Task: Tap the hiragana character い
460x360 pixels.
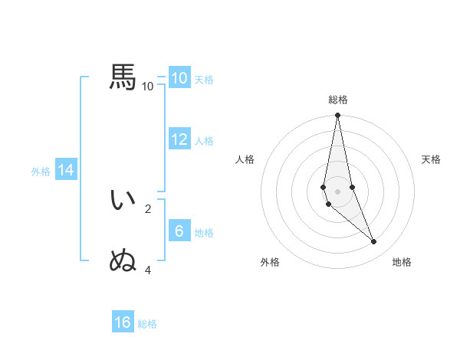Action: click(123, 200)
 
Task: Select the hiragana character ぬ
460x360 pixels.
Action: click(123, 261)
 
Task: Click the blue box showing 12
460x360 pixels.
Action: click(179, 139)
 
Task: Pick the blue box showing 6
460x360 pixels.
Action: click(179, 231)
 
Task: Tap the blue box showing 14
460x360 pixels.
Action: click(66, 171)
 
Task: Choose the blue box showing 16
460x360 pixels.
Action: click(123, 322)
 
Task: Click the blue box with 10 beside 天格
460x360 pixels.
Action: click(179, 78)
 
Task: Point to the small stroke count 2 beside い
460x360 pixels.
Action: click(148, 208)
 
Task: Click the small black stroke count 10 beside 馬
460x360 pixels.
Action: click(148, 86)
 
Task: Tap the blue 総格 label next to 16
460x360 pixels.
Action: click(147, 324)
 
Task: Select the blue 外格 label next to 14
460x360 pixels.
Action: click(41, 172)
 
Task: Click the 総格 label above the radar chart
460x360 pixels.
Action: click(338, 100)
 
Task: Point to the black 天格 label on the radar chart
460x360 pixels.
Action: click(432, 159)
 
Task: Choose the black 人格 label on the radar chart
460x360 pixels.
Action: click(245, 159)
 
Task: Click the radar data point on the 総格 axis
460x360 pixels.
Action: click(338, 116)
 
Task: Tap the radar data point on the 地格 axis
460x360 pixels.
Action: click(374, 241)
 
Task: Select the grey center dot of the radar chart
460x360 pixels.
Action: click(338, 191)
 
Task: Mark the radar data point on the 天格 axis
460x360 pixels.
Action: click(352, 187)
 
